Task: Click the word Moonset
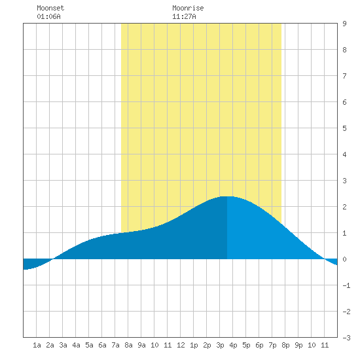click(50, 8)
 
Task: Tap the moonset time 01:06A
click(48, 16)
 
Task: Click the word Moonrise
click(188, 8)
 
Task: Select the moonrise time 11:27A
click(184, 16)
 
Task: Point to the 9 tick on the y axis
click(344, 24)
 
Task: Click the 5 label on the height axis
click(344, 128)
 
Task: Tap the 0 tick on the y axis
click(344, 259)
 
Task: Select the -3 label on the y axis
click(346, 338)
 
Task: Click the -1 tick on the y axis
click(346, 285)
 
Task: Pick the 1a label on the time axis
click(37, 345)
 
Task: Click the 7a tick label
click(115, 345)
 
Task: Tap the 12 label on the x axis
click(181, 345)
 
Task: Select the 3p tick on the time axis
click(220, 345)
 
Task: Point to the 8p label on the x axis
click(285, 345)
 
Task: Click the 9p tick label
click(298, 345)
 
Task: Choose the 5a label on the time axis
click(89, 345)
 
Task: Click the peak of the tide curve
click(227, 196)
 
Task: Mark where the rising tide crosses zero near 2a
click(53, 259)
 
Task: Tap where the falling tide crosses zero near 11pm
click(325, 259)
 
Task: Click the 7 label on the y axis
click(344, 76)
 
